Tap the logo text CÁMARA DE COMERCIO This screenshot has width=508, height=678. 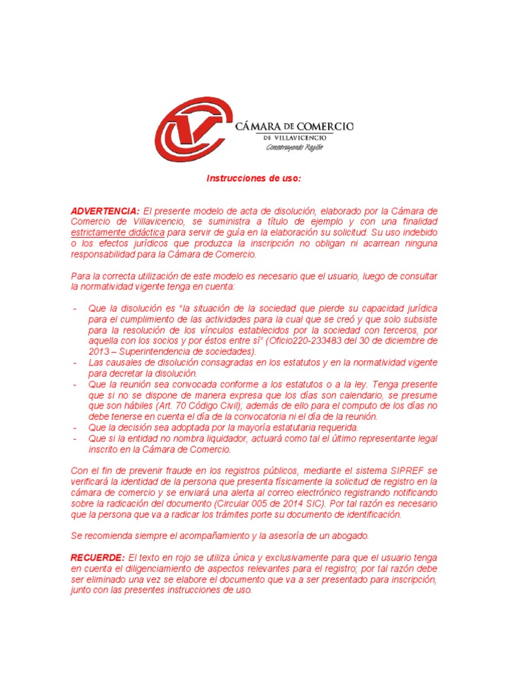coord(294,126)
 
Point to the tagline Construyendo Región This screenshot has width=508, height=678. coord(294,147)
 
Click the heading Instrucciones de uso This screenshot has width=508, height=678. coord(254,179)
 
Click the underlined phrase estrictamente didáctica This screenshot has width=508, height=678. coord(118,233)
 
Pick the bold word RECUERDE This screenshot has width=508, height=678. coord(98,558)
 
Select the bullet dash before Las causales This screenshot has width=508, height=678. coord(75,363)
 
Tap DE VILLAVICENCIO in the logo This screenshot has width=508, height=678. coord(294,137)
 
